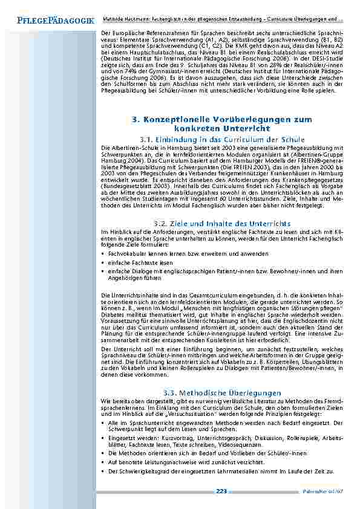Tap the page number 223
pos(221,491)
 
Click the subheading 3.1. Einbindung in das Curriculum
pos(221,140)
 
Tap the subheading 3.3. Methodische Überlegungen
pos(221,393)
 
